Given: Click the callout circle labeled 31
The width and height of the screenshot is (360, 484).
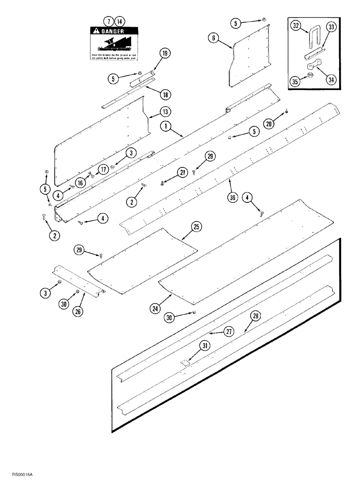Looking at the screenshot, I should [206, 346].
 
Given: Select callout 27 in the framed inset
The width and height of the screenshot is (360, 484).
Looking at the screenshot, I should [228, 332].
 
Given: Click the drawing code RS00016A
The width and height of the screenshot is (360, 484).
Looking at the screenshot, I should [16, 476].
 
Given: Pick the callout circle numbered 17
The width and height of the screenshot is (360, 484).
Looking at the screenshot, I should [103, 169].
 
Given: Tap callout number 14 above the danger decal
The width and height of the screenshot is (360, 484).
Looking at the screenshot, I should [119, 21].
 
